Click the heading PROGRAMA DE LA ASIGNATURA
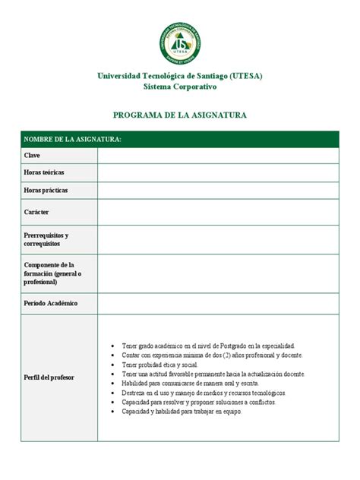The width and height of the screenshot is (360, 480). (x=180, y=115)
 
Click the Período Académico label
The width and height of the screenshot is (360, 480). (x=51, y=303)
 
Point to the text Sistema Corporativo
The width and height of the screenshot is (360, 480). (x=180, y=87)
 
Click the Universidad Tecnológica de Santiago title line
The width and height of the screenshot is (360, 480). (x=180, y=77)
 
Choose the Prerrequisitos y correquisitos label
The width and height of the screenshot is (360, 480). (x=47, y=239)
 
